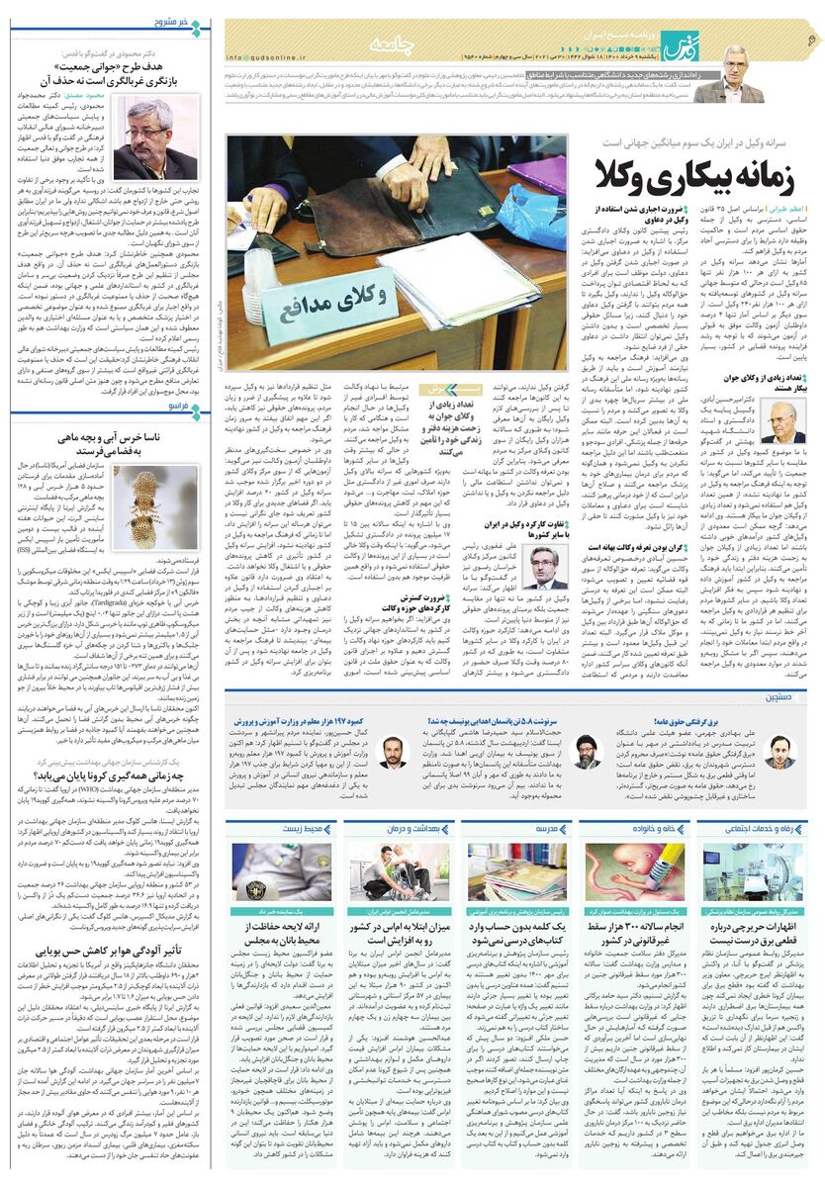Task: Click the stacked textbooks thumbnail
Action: tap(515, 870)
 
